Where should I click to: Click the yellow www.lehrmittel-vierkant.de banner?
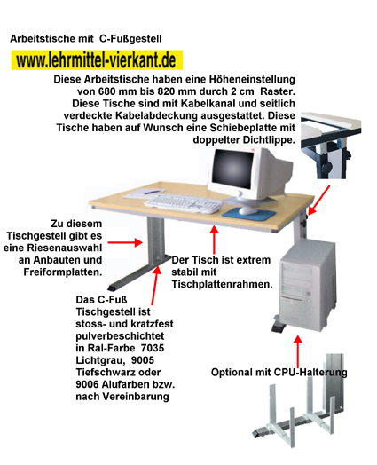[97, 60]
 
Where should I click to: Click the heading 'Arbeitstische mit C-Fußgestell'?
[86, 39]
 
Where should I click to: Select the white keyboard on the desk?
[184, 203]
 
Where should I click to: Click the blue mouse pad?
[248, 213]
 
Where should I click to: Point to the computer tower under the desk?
[308, 286]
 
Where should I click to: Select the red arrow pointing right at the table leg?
[125, 242]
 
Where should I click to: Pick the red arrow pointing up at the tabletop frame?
[214, 240]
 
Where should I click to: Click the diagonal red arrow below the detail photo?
[318, 200]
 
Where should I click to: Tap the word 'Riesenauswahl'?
[65, 248]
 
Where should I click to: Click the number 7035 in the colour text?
[153, 348]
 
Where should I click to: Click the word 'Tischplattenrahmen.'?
[222, 284]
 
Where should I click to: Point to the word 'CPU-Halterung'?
[310, 372]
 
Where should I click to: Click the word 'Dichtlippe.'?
[269, 139]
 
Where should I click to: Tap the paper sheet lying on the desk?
[145, 193]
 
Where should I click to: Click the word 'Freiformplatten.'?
[63, 272]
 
